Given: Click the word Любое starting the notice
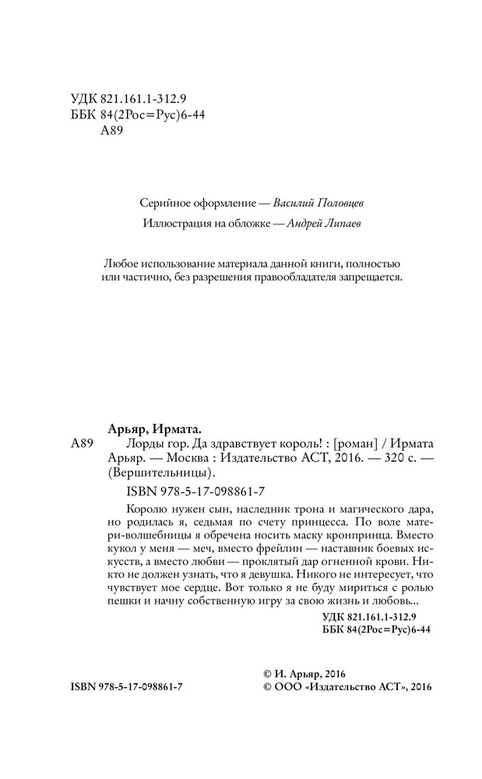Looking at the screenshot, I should (120, 262).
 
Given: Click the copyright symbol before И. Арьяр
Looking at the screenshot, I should (268, 673).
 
